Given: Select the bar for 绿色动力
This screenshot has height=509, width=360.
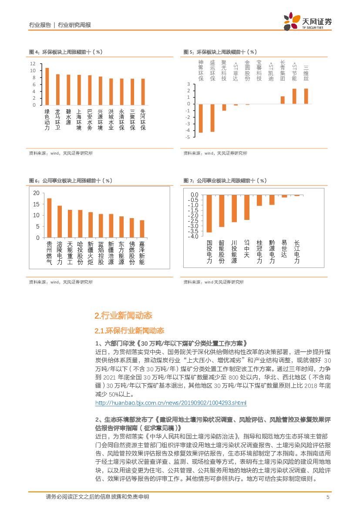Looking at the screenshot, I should coord(47,86).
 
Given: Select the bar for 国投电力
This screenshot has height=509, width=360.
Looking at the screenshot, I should coord(209,213).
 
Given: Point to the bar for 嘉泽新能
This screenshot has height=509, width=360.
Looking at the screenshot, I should coord(142,229).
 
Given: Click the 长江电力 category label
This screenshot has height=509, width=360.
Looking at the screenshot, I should coord(297,252).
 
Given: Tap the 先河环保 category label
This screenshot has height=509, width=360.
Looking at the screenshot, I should coord(143,120).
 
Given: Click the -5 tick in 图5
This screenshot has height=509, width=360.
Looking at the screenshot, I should coord(188,137).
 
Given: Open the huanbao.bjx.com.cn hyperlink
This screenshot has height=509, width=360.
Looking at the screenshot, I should coord(171,403).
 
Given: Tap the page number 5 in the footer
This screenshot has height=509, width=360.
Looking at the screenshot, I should coord(327,497).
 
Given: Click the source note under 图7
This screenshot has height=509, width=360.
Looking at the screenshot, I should coord(213,282).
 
